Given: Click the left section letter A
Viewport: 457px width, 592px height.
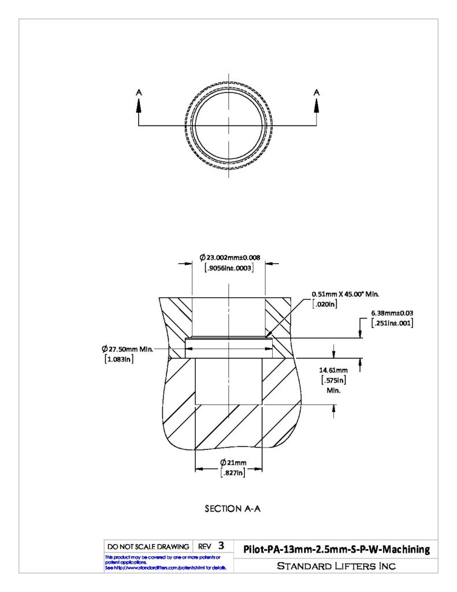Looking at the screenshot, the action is [139, 92].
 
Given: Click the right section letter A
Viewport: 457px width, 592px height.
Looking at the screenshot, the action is [317, 92].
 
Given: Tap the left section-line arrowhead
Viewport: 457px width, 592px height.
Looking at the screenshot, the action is [139, 105].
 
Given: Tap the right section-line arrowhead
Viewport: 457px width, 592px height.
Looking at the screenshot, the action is [317, 105].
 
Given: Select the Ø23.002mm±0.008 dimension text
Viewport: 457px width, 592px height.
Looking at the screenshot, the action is [230, 257].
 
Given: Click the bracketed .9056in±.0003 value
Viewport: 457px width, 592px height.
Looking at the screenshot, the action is [229, 268].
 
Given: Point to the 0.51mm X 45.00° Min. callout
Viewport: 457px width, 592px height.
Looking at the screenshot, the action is [345, 294].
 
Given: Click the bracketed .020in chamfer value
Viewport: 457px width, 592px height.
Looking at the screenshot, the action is [325, 304].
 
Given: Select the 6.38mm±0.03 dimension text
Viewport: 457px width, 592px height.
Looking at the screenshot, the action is [392, 313].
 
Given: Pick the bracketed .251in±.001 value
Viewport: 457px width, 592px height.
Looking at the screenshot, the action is [392, 323].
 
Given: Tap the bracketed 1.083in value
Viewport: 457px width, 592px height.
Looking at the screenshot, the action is [119, 359].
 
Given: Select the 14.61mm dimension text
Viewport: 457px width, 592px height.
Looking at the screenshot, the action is [333, 371].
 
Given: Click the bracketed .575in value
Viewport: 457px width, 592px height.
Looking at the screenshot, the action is [333, 380].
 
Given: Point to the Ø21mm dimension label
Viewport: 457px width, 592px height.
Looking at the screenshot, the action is [233, 462].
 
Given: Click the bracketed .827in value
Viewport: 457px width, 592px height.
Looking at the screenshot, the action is [232, 473].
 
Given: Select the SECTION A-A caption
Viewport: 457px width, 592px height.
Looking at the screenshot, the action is [232, 509].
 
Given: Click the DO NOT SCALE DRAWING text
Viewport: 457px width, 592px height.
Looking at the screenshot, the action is [148, 547].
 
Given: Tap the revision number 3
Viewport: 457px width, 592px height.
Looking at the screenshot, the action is [221, 546].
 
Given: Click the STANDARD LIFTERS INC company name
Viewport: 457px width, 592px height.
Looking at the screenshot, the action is [336, 566].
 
